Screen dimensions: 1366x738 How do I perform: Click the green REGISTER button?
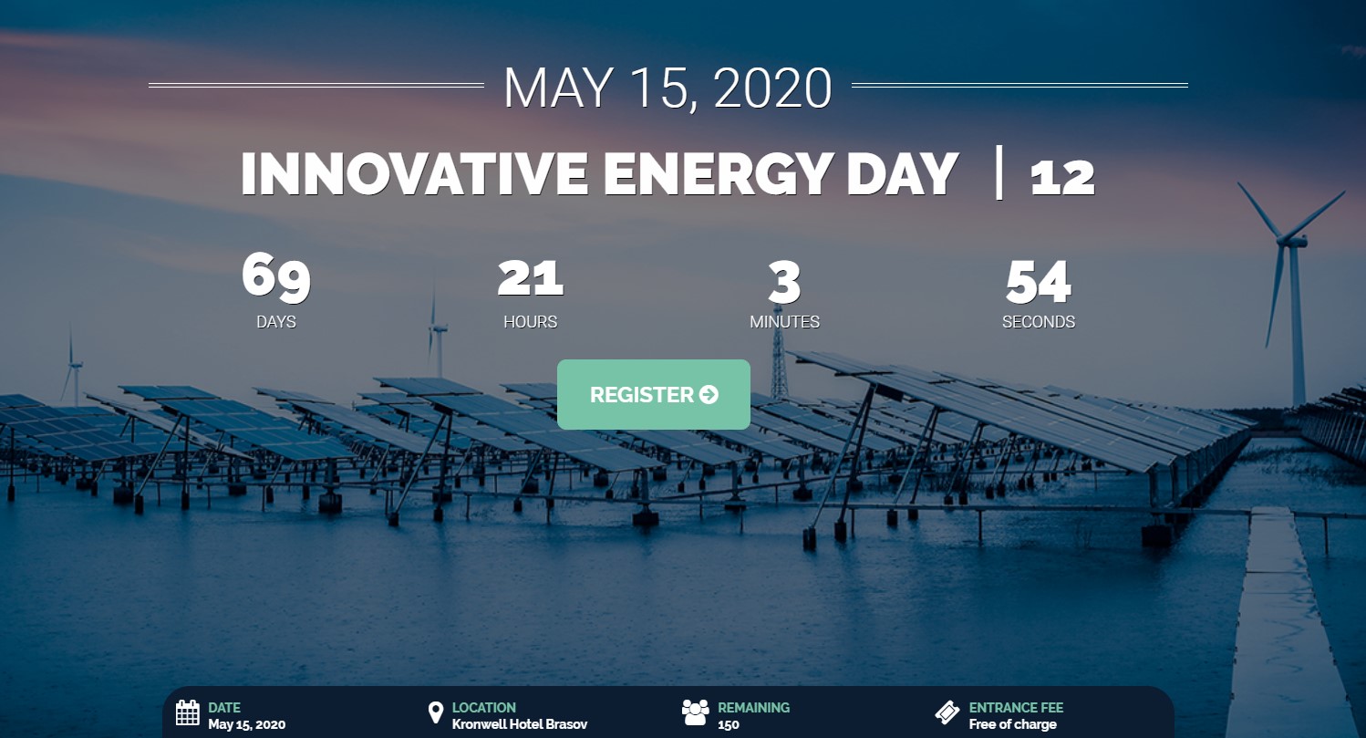click(x=653, y=395)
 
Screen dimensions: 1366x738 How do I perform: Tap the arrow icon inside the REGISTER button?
click(x=709, y=395)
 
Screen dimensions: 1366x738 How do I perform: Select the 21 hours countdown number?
click(x=531, y=279)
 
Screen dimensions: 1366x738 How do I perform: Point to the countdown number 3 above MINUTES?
click(x=784, y=282)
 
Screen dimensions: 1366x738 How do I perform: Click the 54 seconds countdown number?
click(x=1039, y=282)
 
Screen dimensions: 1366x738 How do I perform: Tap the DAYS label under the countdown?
click(x=276, y=322)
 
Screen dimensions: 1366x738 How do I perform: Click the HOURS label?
click(x=531, y=322)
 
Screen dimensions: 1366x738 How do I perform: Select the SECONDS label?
click(x=1039, y=322)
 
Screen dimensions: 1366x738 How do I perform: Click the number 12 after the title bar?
click(x=1062, y=178)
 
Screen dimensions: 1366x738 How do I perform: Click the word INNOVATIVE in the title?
click(x=414, y=174)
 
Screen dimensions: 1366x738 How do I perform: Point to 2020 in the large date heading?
click(x=772, y=88)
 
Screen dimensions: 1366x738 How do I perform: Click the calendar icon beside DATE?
click(x=187, y=713)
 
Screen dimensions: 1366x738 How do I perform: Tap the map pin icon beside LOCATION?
click(x=435, y=712)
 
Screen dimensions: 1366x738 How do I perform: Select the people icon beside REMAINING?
click(x=695, y=712)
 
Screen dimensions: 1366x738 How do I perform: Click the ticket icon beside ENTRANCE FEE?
click(x=947, y=712)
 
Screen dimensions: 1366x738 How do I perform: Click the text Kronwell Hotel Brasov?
click(x=520, y=724)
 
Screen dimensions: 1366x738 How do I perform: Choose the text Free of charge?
click(x=1013, y=724)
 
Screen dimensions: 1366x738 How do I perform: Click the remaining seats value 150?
click(x=728, y=725)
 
